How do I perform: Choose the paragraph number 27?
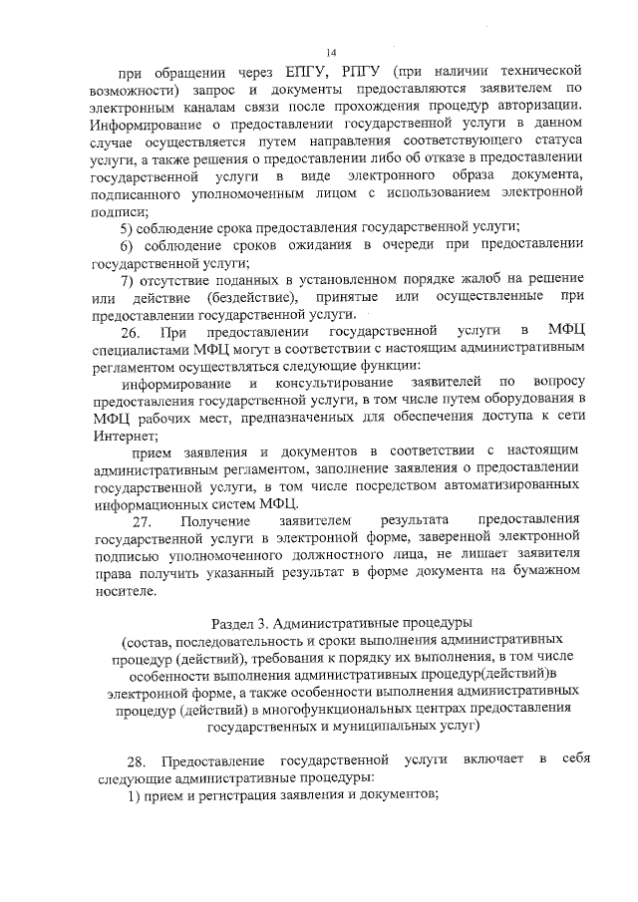[x=147, y=521]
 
